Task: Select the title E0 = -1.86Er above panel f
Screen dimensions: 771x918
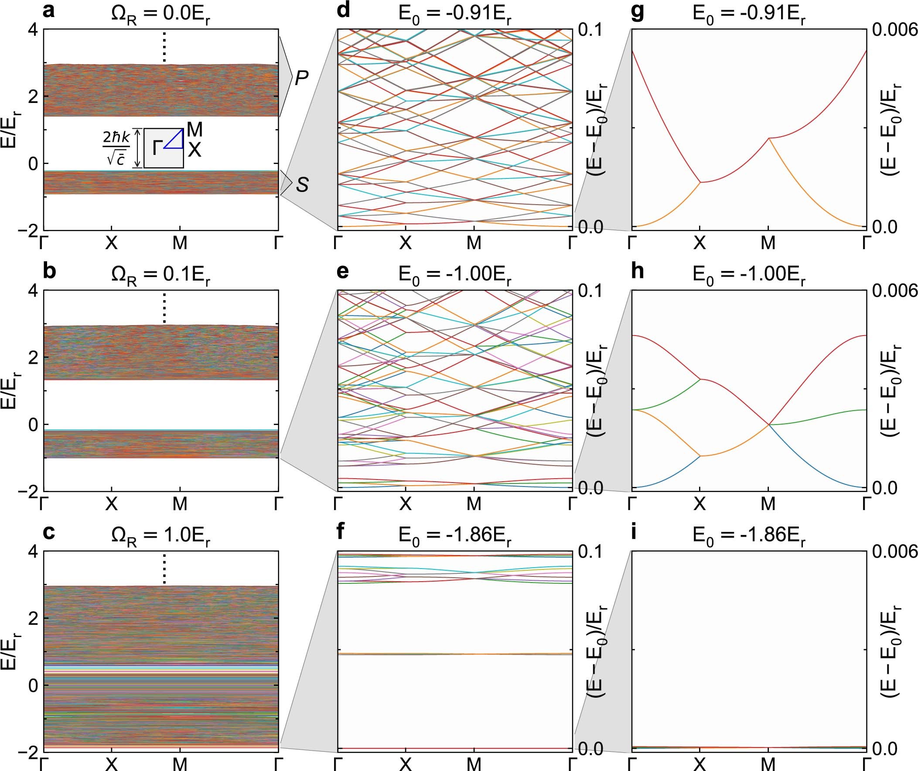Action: tap(454, 536)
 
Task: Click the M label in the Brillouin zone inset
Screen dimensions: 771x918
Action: tap(194, 130)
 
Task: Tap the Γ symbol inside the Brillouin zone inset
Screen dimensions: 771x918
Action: tap(157, 149)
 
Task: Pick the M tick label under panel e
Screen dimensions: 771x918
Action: tap(474, 504)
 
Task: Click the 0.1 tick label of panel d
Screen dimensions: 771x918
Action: tap(590, 30)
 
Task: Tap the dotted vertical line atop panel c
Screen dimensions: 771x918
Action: tap(164, 569)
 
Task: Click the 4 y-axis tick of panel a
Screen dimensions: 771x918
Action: tap(33, 30)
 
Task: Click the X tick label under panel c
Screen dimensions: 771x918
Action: tap(112, 764)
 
